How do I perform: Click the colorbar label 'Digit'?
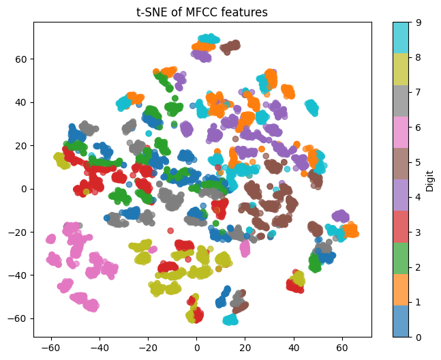[429, 179]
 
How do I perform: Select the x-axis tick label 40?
[293, 347]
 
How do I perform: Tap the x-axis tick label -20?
[148, 347]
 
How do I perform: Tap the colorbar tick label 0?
[416, 337]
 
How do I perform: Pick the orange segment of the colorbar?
[400, 284]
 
